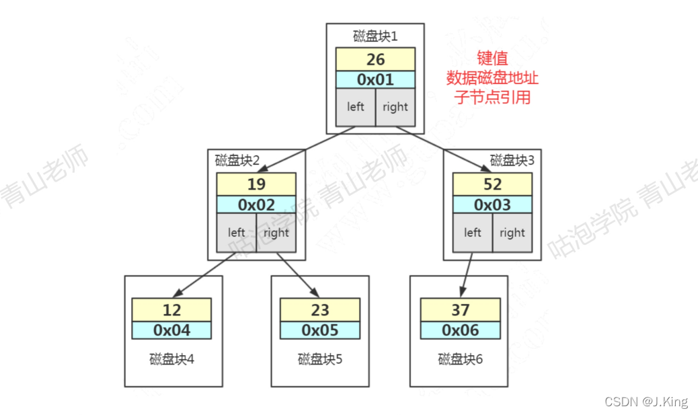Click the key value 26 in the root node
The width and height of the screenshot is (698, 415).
click(375, 59)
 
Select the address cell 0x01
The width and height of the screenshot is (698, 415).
click(375, 79)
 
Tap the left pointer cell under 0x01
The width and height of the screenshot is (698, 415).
click(355, 106)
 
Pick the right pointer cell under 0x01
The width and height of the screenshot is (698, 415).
click(395, 106)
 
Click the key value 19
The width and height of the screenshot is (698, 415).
click(256, 184)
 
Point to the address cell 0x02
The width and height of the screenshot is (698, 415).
click(256, 204)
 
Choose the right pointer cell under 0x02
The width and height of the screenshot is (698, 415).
click(276, 233)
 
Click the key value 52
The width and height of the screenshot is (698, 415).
click(492, 184)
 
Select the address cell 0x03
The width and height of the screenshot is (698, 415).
click(492, 204)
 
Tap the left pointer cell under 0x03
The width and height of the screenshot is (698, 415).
click(473, 233)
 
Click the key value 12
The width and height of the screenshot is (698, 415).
click(171, 310)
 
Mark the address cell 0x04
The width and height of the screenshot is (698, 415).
click(171, 330)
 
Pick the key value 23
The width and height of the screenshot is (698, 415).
click(319, 310)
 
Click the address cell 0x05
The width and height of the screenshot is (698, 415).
click(319, 330)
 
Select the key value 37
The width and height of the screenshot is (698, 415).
click(461, 310)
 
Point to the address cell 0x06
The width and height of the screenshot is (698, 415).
click(461, 330)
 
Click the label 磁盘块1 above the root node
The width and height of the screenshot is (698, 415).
click(375, 36)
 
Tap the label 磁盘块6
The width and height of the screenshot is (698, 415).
click(461, 359)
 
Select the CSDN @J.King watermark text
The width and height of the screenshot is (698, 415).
click(646, 402)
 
